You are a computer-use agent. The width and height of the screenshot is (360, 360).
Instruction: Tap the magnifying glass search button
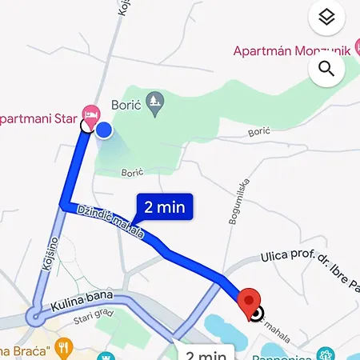tap(326, 69)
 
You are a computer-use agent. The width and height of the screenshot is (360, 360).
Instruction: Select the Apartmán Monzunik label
tap(292, 50)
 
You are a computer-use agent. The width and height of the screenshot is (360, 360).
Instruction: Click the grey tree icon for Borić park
tap(157, 101)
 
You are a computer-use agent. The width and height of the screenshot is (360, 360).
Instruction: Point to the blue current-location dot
tap(104, 130)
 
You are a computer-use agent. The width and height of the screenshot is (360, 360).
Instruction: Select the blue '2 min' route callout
tap(165, 207)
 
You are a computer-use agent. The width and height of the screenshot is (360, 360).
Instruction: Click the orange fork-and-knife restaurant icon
tap(65, 347)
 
